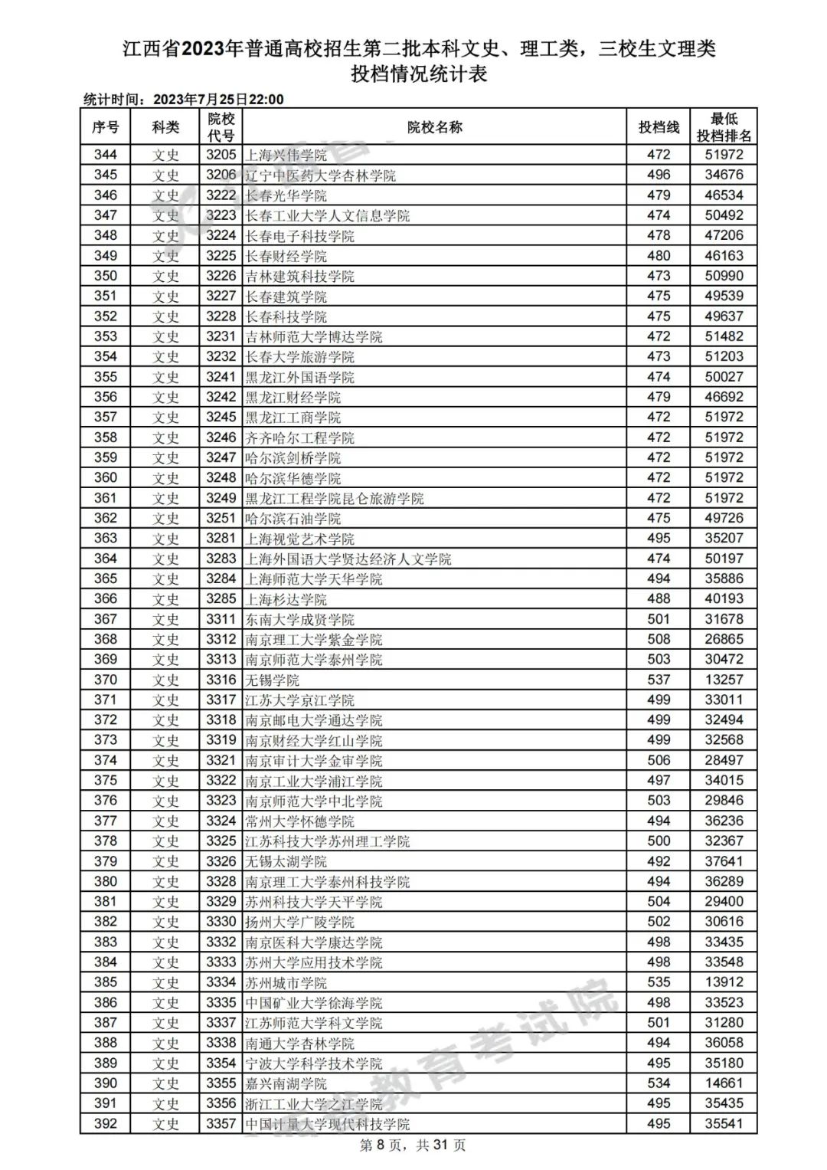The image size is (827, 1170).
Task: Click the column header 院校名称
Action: (434, 127)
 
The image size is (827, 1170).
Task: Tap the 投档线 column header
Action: (659, 127)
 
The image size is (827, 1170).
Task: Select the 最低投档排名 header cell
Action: (724, 127)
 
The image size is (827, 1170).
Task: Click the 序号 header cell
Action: (106, 127)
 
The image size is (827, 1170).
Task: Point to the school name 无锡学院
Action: (273, 680)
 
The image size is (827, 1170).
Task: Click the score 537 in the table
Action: (659, 680)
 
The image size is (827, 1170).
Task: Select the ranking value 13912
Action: (724, 982)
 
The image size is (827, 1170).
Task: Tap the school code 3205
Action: (221, 155)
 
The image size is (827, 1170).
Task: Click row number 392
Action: (106, 1123)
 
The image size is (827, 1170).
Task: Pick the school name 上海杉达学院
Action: (286, 599)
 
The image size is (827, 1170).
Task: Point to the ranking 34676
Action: (724, 175)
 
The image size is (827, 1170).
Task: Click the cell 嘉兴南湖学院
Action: (286, 1083)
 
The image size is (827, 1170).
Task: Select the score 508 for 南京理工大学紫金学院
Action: (659, 639)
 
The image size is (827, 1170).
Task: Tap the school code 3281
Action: (221, 539)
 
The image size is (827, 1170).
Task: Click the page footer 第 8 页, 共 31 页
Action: (413, 1145)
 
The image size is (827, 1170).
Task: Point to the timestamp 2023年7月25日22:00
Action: (218, 100)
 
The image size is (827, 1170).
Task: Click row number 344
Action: (106, 155)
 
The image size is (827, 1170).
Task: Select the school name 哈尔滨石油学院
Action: (293, 519)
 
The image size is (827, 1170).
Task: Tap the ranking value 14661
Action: (724, 1083)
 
